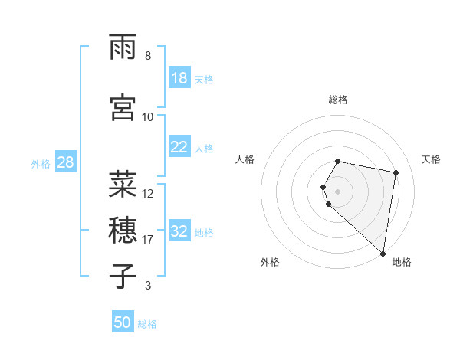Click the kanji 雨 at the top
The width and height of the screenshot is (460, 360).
[123, 51]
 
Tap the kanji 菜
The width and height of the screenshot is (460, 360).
[123, 184]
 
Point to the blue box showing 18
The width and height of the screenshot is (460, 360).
[179, 78]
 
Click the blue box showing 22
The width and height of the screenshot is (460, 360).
[179, 147]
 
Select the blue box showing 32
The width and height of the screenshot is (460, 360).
[179, 231]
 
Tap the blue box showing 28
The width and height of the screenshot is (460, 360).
[64, 162]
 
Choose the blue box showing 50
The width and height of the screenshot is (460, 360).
[123, 322]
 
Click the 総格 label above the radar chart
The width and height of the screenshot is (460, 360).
[338, 100]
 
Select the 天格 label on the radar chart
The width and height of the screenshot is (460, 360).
[431, 159]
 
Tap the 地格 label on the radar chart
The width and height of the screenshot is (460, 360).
[402, 262]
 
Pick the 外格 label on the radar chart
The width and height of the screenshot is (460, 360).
[270, 262]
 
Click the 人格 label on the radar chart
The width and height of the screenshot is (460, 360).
[245, 159]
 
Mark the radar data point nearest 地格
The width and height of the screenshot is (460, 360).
[383, 253]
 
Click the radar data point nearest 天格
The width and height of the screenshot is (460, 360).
[396, 172]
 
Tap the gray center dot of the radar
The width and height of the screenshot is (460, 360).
[338, 191]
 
